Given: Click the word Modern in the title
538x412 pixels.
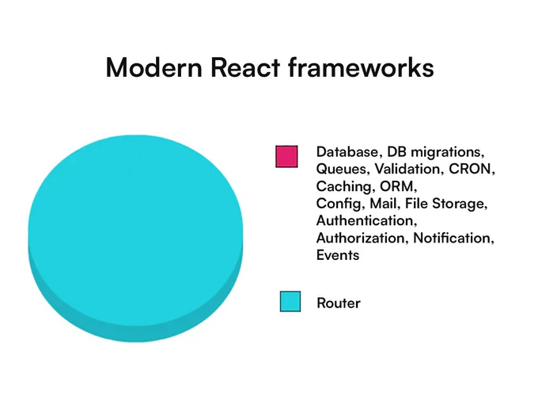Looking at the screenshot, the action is click(154, 67).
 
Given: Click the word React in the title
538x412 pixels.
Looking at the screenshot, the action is click(245, 67).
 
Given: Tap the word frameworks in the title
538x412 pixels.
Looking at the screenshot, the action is click(361, 67).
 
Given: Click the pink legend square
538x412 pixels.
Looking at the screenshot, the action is click(286, 156).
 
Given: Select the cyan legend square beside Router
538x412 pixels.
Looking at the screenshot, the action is click(290, 301).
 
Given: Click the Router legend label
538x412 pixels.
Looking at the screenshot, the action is click(339, 303).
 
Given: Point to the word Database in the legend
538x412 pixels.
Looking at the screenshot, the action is click(348, 151).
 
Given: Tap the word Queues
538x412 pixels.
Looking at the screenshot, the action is click(343, 169).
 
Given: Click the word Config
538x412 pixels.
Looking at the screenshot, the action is click(340, 204).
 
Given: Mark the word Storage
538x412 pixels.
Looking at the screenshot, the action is click(460, 204).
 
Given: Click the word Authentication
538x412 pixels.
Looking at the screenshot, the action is click(367, 220).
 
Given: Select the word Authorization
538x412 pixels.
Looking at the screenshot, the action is click(362, 238).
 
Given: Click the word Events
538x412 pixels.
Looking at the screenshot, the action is click(338, 255).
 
